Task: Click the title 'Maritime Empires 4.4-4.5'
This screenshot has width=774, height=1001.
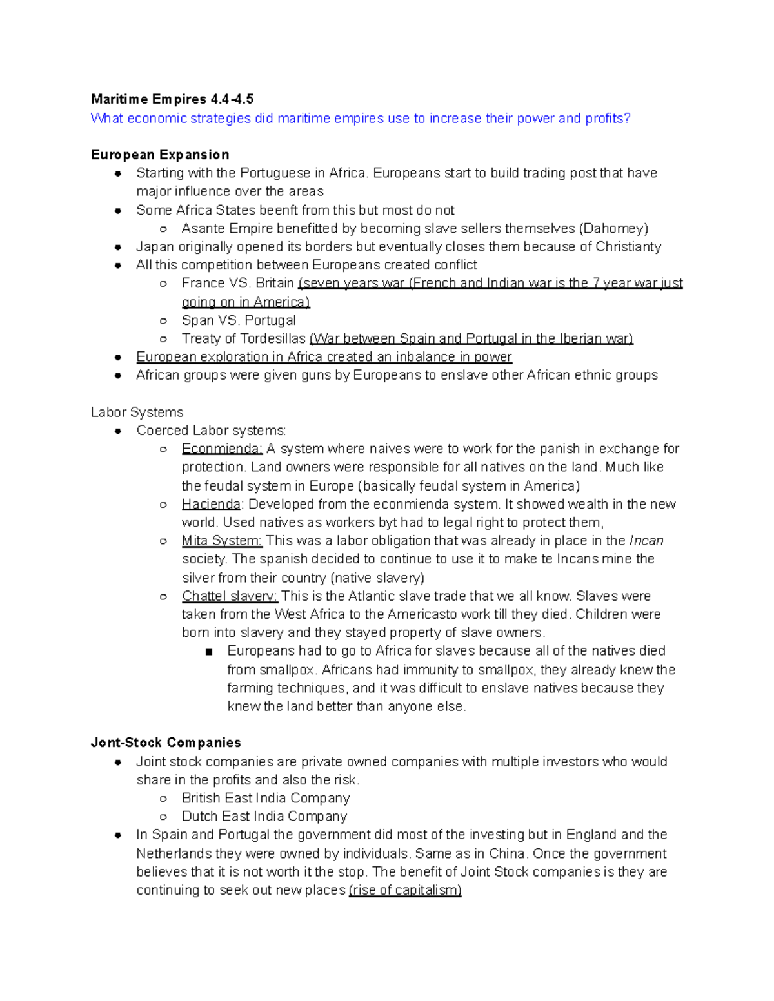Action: tap(172, 99)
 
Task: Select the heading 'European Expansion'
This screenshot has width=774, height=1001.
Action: tap(160, 155)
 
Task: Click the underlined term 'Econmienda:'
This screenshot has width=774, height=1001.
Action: tap(222, 449)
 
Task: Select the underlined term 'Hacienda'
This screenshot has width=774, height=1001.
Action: tap(211, 504)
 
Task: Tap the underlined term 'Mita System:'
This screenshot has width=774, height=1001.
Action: tap(222, 541)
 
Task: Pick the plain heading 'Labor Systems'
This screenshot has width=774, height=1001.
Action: tap(137, 413)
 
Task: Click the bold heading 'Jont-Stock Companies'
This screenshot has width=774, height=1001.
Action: tap(166, 743)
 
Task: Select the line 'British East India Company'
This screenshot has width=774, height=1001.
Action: tap(266, 798)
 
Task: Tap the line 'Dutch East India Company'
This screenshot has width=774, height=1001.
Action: tap(264, 817)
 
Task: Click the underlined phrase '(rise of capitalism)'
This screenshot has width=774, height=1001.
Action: tap(405, 890)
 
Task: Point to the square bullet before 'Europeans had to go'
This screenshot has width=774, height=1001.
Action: tap(208, 652)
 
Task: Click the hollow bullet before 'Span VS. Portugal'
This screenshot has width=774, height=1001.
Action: tap(164, 321)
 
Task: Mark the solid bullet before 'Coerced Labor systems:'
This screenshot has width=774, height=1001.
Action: tap(118, 431)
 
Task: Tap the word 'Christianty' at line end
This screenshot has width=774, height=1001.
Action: tap(628, 247)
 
